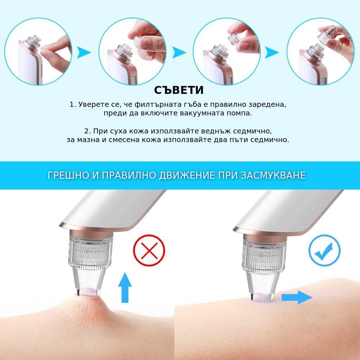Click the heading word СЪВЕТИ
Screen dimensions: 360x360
[179, 90]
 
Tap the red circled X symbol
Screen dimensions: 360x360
[149, 250]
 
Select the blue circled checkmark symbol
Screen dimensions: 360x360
[324, 250]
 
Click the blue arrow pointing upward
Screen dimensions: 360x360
[125, 287]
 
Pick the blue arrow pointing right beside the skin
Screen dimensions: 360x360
[297, 297]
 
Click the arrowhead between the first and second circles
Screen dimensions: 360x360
[83, 53]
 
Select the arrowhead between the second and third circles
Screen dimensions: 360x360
[179, 53]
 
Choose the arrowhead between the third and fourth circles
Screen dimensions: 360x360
[272, 53]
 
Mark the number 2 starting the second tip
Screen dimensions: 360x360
[87, 131]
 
